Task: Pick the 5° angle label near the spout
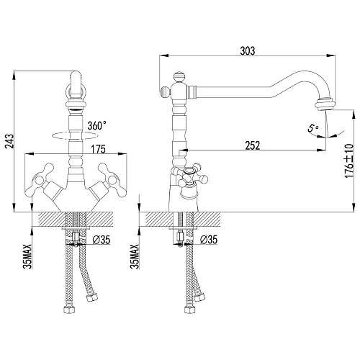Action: [x=312, y=129]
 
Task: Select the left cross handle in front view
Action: [x=37, y=174]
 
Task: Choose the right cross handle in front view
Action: [x=113, y=174]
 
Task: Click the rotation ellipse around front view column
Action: [x=74, y=135]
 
